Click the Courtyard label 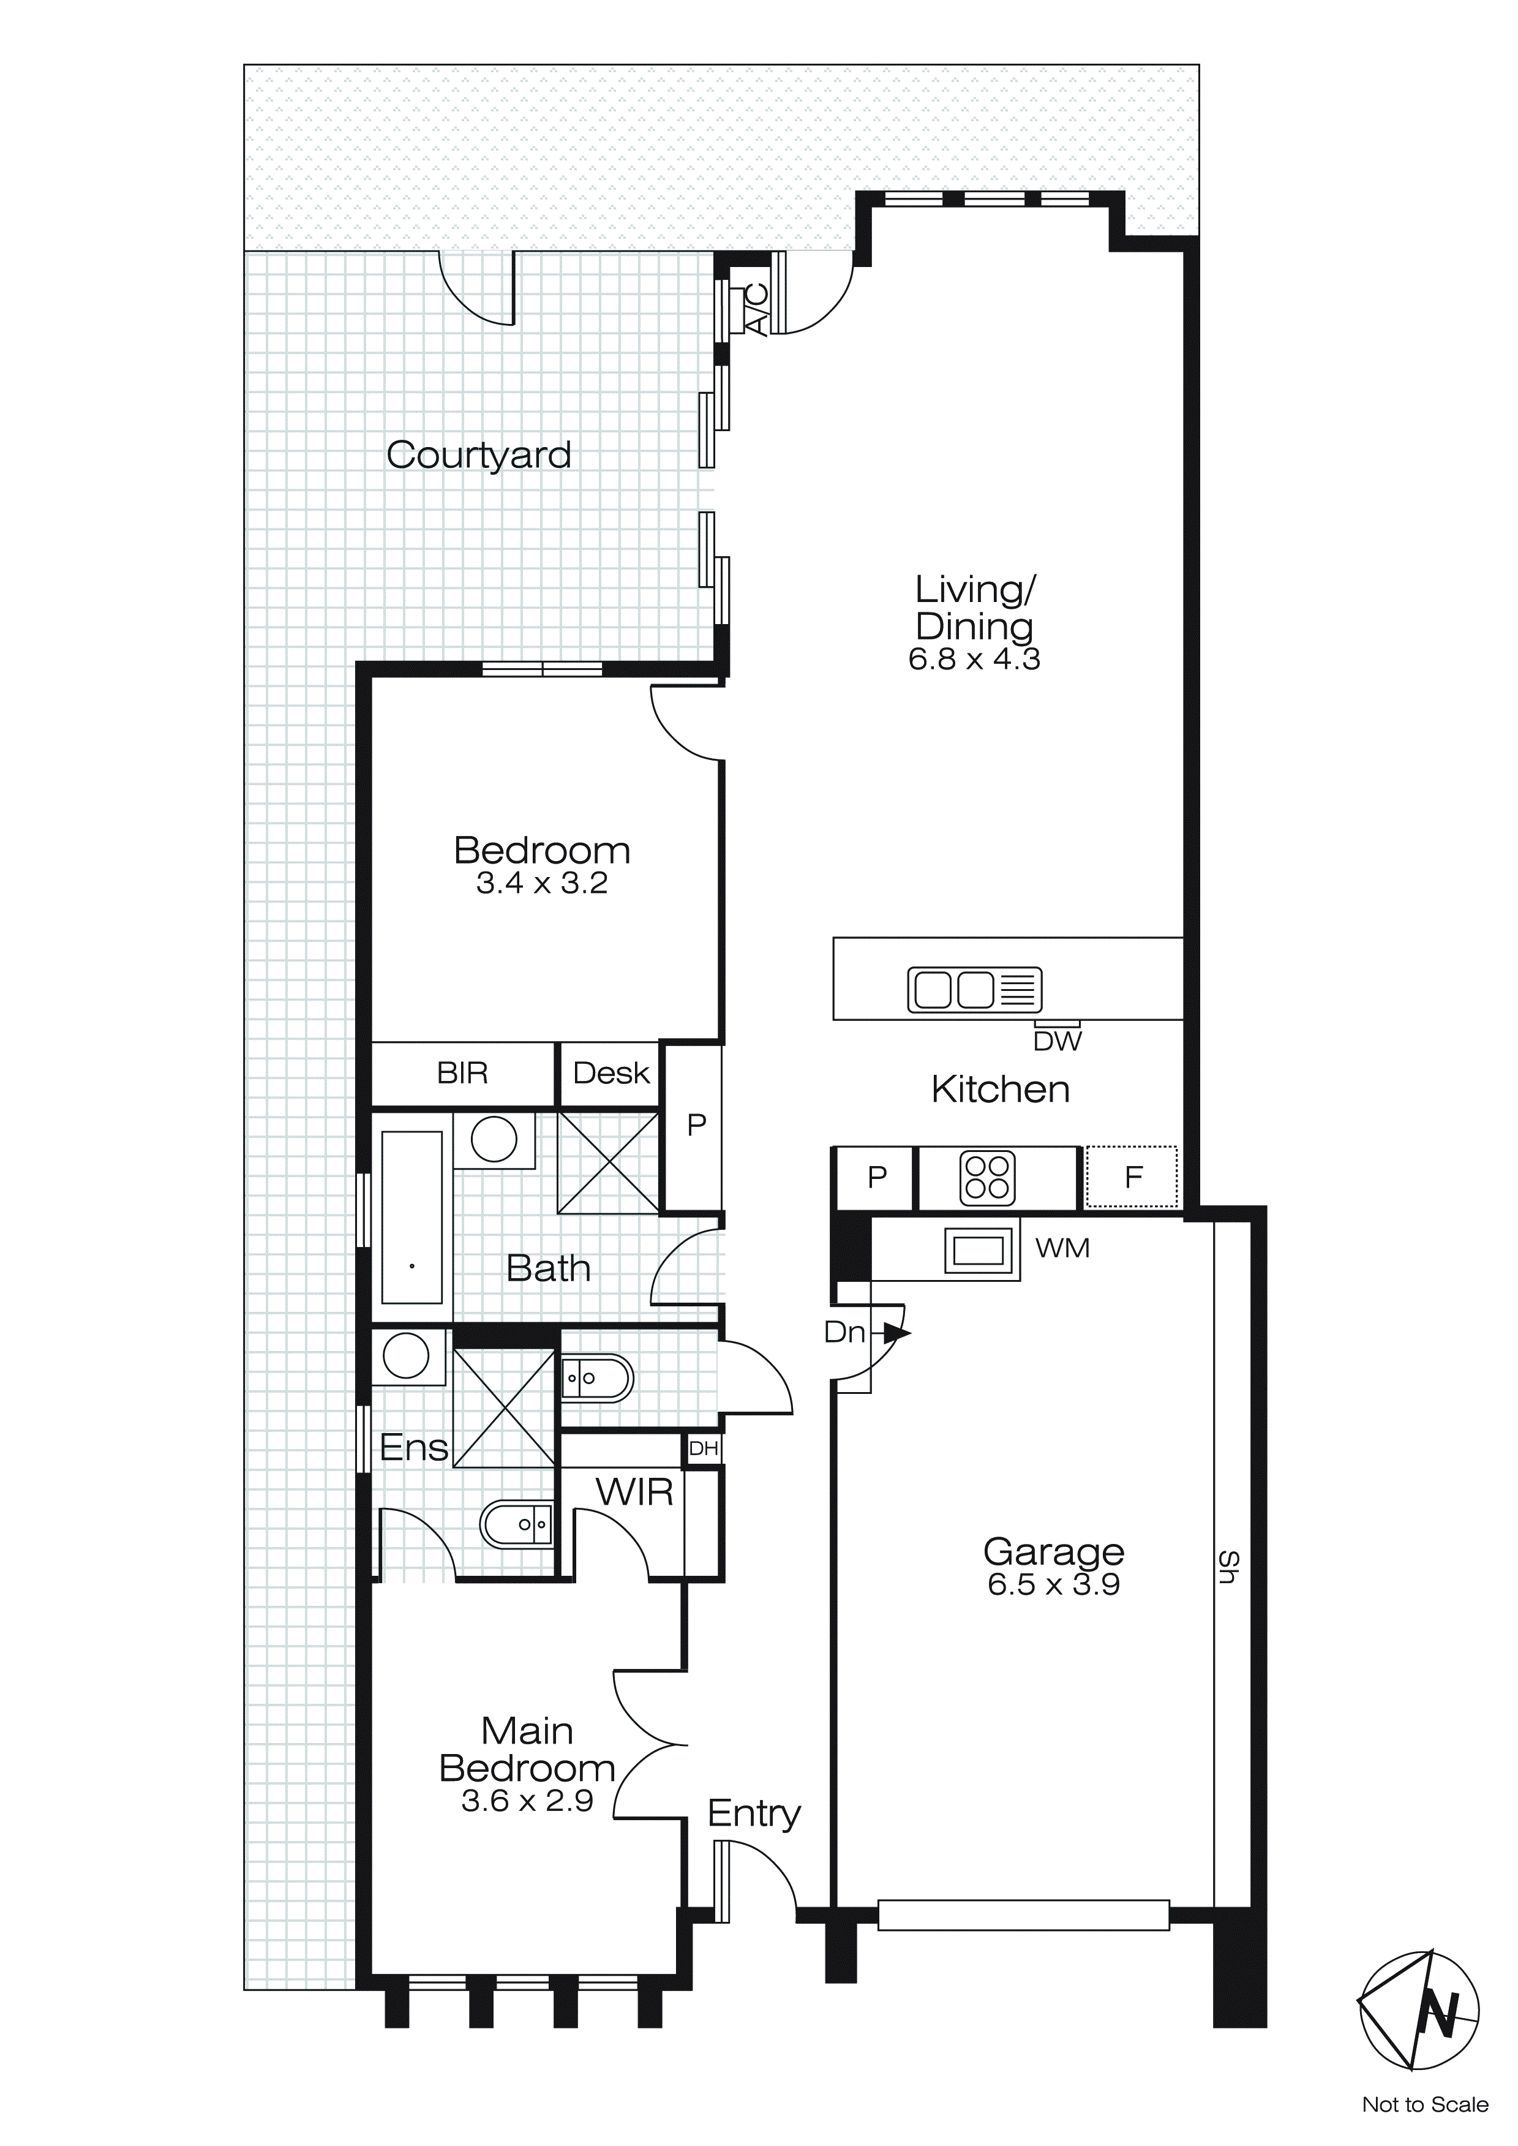[479, 455]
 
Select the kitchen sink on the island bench [974, 989]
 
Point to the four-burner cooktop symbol [987, 1178]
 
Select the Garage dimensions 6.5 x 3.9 [1053, 1584]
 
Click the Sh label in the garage [1228, 1567]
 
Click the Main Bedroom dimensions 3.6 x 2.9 [527, 1801]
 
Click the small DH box [703, 1449]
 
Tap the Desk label [611, 1073]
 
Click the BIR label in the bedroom [463, 1073]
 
